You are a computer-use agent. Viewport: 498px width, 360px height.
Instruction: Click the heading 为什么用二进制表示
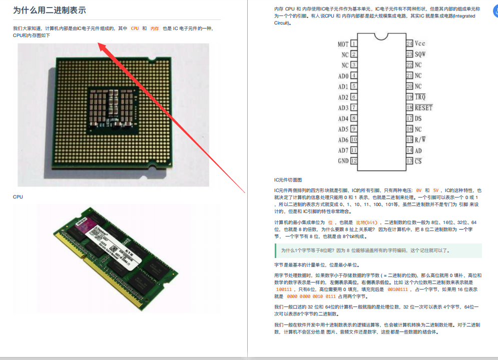point(49,10)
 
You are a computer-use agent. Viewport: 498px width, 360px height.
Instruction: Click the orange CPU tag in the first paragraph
point(135,28)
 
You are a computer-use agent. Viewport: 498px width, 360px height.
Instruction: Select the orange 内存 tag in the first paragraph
point(155,28)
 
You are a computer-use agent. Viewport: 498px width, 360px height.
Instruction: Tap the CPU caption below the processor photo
point(18,196)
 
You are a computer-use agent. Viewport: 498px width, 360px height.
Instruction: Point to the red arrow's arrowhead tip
point(98,42)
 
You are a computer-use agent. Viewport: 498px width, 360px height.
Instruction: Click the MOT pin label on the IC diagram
point(343,44)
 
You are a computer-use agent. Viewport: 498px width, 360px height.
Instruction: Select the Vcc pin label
point(420,43)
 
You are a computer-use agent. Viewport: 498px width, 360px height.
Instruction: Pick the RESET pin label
point(424,108)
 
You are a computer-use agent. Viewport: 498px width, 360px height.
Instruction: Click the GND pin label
point(343,161)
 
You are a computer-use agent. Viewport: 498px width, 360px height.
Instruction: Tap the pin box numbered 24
point(409,43)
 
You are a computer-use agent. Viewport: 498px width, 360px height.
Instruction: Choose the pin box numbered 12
point(354,161)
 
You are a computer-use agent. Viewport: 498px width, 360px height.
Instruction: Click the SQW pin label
point(420,54)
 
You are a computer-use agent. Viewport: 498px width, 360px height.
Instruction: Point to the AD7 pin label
point(343,150)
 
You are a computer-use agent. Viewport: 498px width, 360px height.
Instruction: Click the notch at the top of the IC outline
point(381,36)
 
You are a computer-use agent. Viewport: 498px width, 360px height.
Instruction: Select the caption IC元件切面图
point(288,180)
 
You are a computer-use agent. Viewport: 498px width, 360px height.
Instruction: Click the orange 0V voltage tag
point(418,190)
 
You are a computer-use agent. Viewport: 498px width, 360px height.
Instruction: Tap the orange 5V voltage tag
point(436,190)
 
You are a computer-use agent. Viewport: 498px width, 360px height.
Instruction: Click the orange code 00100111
point(397,289)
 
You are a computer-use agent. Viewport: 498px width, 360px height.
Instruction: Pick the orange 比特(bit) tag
point(367,222)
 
